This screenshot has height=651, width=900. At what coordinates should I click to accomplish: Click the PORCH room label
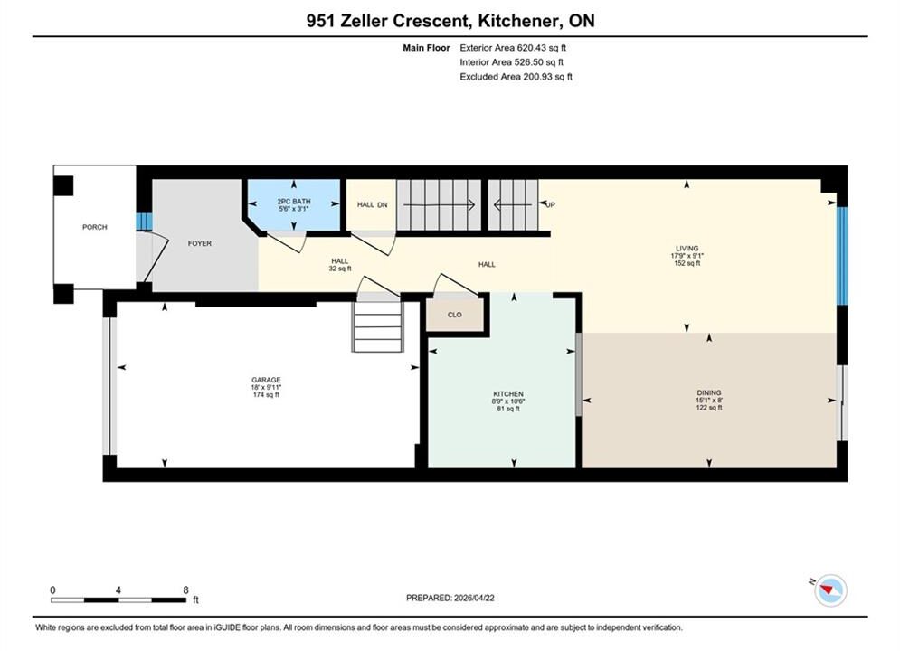coord(95,227)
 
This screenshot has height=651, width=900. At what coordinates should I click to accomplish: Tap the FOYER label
coord(200,243)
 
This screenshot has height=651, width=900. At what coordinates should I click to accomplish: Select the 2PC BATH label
coord(294,202)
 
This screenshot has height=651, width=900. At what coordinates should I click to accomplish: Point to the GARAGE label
coord(266,380)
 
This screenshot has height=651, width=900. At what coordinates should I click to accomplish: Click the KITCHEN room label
coord(508,394)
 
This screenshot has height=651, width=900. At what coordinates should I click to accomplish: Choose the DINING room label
coord(709,393)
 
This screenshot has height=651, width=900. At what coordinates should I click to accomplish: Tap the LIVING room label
coord(687,249)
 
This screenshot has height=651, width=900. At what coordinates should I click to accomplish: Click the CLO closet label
coord(455,315)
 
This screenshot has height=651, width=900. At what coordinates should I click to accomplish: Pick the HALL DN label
coord(372,204)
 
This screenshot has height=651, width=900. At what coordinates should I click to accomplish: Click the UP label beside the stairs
coord(551,204)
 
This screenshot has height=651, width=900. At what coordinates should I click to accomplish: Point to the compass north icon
coord(830,590)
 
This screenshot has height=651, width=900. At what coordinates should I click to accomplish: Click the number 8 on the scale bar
coord(186,590)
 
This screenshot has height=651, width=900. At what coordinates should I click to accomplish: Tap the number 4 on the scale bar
coord(118,590)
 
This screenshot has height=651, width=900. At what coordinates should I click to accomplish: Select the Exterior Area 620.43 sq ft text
coord(513,48)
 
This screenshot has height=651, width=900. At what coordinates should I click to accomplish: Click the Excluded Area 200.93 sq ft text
coord(516,77)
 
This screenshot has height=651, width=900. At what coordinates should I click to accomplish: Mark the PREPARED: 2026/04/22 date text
coord(450,598)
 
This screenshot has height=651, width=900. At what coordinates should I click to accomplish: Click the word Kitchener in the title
coord(518,21)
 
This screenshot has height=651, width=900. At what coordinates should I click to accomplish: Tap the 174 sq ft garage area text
coord(266,394)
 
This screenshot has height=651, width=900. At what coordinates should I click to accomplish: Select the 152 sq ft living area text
coord(687,263)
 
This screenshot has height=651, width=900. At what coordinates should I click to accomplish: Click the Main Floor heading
coord(426,48)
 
